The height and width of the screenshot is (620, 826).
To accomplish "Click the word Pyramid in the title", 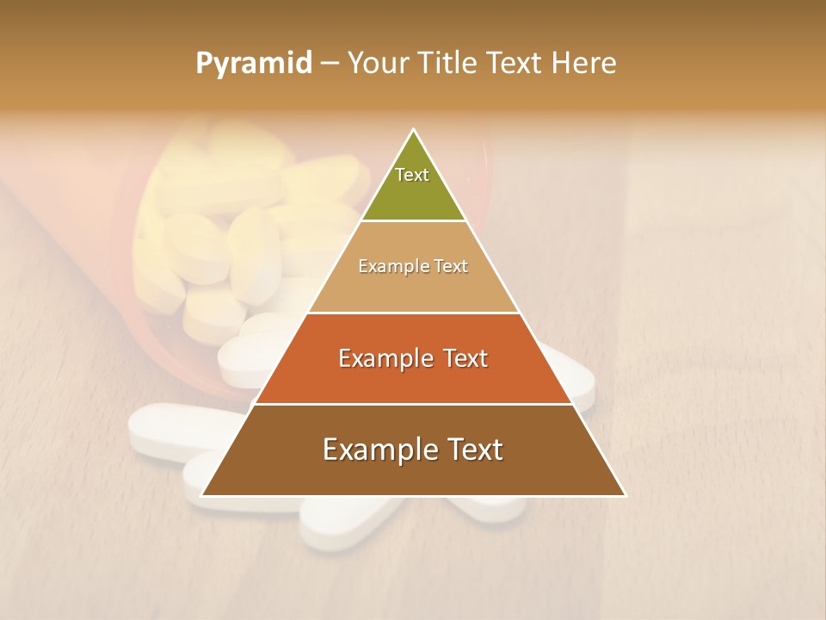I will (x=253, y=64).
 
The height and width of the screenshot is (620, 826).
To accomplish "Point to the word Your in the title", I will (x=378, y=64).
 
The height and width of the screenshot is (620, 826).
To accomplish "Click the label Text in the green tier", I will (x=412, y=175).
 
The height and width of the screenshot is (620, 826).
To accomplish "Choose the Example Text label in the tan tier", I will (x=413, y=266).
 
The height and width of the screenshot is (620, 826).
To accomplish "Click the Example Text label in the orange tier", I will (x=413, y=358).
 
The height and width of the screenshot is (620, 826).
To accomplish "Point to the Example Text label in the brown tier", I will (x=413, y=449).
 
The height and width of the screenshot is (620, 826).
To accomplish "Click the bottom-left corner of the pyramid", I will (x=203, y=495).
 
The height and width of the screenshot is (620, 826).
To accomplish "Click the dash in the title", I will (x=329, y=64).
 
